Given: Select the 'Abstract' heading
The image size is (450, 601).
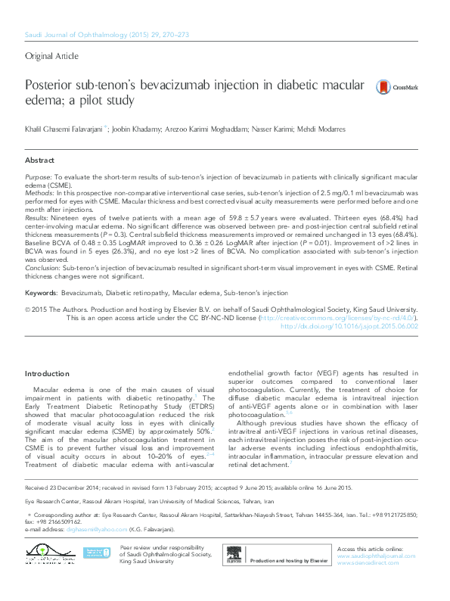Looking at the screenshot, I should click(x=39, y=160).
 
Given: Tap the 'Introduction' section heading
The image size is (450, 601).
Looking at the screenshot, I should click(x=46, y=374).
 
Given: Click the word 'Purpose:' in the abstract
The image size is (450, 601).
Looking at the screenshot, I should click(x=38, y=176).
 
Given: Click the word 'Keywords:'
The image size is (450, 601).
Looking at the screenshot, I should click(x=41, y=291).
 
